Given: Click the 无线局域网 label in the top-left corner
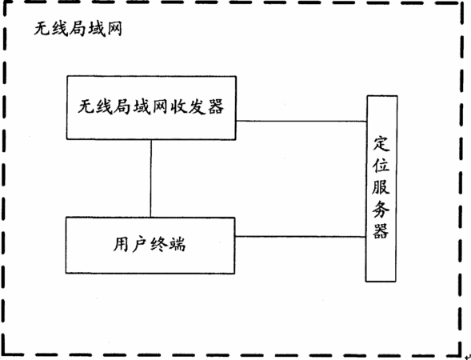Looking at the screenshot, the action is [x=78, y=30].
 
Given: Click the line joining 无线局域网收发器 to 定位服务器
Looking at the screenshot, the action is [x=301, y=121].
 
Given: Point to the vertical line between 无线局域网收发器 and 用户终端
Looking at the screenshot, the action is [x=151, y=178].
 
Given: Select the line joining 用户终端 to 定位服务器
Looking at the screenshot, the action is [x=301, y=237].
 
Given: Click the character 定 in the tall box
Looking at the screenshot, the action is [x=381, y=145].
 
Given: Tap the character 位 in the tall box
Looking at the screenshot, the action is [x=381, y=165].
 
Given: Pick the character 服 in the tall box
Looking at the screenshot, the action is [x=381, y=186].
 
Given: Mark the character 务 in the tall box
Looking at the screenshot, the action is [x=381, y=209].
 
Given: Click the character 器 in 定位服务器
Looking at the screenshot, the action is [x=381, y=230].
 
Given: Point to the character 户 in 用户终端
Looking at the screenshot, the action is [x=140, y=244].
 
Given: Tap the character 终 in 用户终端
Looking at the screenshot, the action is [x=158, y=244].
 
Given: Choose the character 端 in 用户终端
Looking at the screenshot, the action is [x=178, y=244].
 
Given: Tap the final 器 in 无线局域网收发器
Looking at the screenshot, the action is [x=216, y=106].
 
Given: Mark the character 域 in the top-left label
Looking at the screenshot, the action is [x=96, y=30].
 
